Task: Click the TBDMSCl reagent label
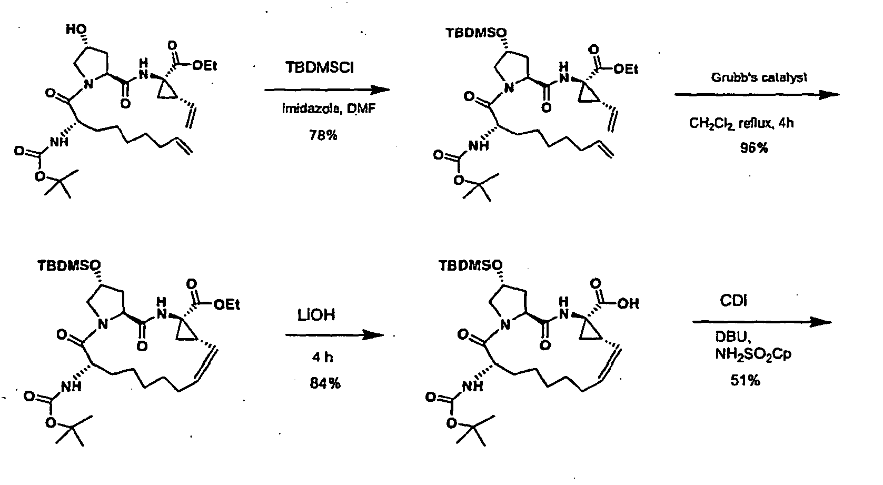pyautogui.click(x=320, y=67)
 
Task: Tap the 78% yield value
pyautogui.click(x=323, y=136)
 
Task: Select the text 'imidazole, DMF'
pyautogui.click(x=329, y=108)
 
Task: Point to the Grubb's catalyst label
pyautogui.click(x=759, y=78)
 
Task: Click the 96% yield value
pyautogui.click(x=754, y=148)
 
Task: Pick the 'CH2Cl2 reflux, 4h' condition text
pyautogui.click(x=741, y=123)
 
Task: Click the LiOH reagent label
pyautogui.click(x=316, y=315)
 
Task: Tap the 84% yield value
pyautogui.click(x=325, y=383)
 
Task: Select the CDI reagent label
pyautogui.click(x=733, y=301)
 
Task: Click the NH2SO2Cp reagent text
pyautogui.click(x=753, y=354)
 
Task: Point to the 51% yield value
pyautogui.click(x=745, y=381)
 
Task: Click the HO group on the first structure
pyautogui.click(x=76, y=29)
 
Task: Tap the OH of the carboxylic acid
pyautogui.click(x=628, y=303)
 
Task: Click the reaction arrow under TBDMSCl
pyautogui.click(x=327, y=90)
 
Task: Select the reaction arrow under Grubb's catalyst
pyautogui.click(x=757, y=95)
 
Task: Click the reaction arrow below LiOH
pyautogui.click(x=335, y=335)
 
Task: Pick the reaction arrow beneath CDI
pyautogui.click(x=762, y=322)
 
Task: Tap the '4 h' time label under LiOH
pyautogui.click(x=322, y=358)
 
